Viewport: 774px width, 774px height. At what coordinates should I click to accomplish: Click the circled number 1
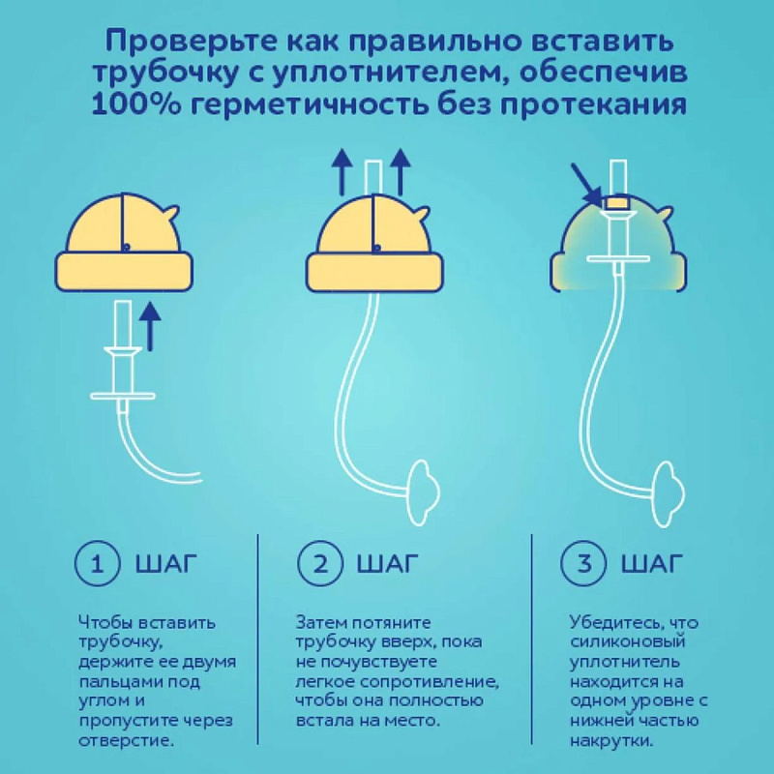pyautogui.click(x=98, y=563)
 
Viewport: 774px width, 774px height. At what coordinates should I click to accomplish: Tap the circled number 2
pyautogui.click(x=320, y=563)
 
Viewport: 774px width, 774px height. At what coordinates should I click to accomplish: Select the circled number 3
pyautogui.click(x=584, y=563)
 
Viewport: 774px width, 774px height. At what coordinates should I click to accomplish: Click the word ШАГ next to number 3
pyautogui.click(x=651, y=563)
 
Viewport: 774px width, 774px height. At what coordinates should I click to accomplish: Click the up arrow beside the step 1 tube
pyautogui.click(x=151, y=327)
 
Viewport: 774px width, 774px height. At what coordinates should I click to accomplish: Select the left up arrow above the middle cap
pyautogui.click(x=342, y=171)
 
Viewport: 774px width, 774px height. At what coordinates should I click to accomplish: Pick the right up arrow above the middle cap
pyautogui.click(x=400, y=171)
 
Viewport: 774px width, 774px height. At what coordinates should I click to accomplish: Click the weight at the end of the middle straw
pyautogui.click(x=424, y=492)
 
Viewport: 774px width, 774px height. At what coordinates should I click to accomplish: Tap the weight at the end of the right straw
pyautogui.click(x=670, y=492)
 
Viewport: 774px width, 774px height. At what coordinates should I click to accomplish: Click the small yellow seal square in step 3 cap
pyautogui.click(x=616, y=202)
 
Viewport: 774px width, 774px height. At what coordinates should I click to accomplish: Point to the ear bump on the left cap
pyautogui.click(x=171, y=213)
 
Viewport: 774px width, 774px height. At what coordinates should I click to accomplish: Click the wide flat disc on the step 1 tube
pyautogui.click(x=123, y=396)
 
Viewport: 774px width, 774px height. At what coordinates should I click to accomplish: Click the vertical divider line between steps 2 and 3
pyautogui.click(x=531, y=639)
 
